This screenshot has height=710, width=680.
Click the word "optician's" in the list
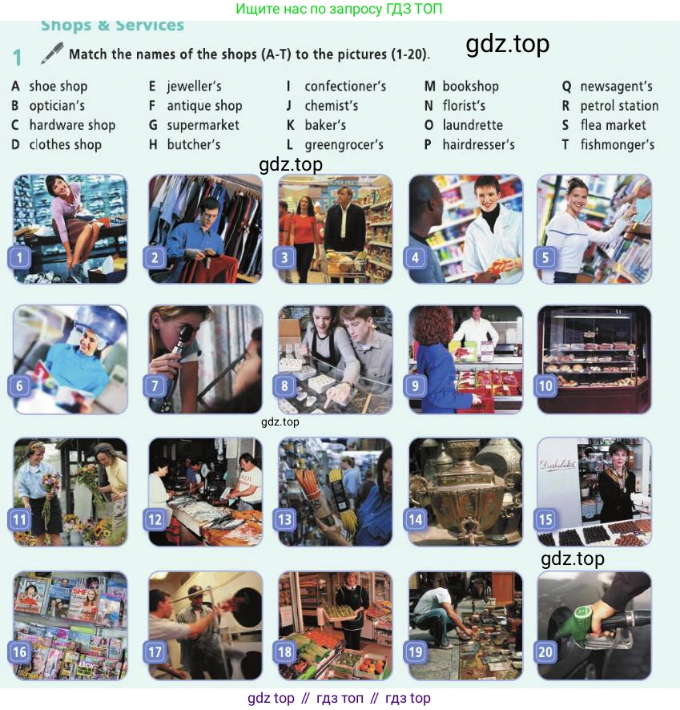(57, 106)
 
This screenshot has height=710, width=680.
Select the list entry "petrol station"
(619, 106)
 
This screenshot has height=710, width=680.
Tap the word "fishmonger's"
(618, 145)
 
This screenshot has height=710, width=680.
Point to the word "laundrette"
(473, 125)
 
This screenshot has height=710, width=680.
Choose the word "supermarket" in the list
(203, 126)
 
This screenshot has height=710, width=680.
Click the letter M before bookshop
(430, 86)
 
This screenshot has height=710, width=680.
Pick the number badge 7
(155, 385)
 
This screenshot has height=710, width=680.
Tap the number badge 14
(416, 519)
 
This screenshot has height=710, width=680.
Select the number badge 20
(545, 652)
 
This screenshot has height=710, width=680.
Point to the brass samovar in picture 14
(465, 494)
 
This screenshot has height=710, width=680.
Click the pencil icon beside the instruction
(53, 53)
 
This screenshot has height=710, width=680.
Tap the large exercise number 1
(17, 58)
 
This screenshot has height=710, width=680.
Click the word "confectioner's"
(345, 86)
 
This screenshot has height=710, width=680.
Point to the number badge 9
(416, 385)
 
